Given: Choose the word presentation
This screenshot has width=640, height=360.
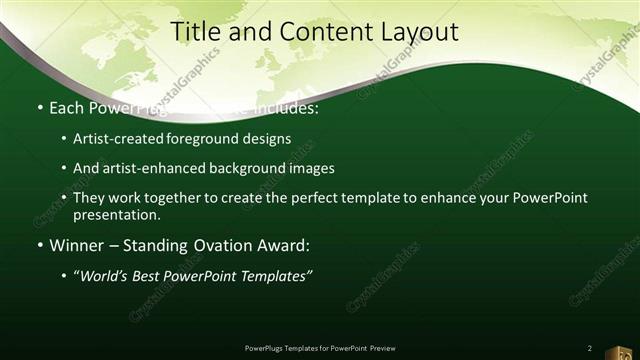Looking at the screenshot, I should click(117, 215).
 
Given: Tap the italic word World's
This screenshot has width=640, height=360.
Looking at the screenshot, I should click(104, 277).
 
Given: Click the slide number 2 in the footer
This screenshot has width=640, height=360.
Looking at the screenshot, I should click(590, 348).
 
